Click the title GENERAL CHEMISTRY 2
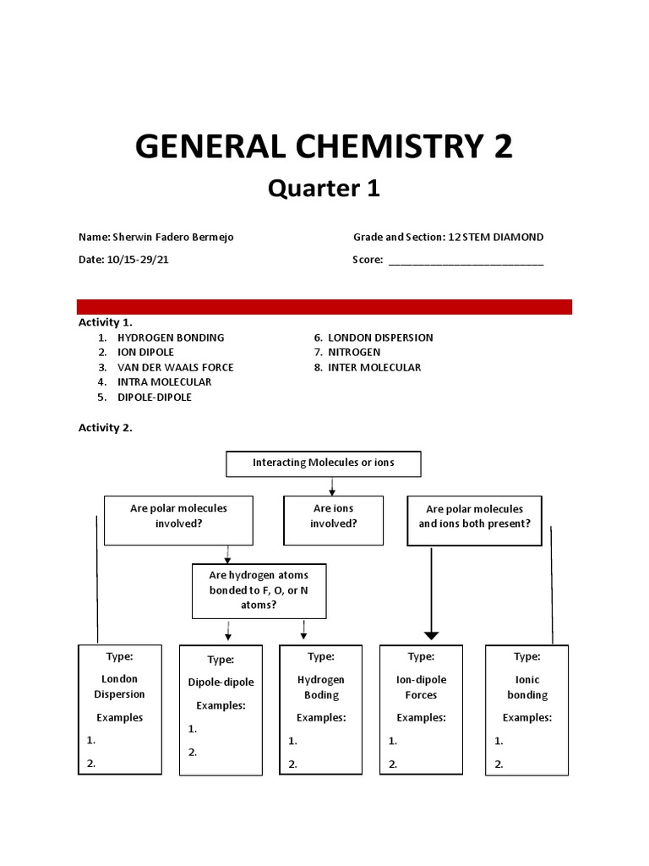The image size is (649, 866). [324, 146]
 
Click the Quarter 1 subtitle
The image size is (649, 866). [324, 189]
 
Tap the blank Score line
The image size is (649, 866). [466, 262]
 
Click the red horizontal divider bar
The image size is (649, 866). [324, 306]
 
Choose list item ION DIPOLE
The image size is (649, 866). [145, 352]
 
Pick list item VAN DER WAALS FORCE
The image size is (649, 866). [175, 367]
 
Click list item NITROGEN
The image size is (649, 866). [354, 352]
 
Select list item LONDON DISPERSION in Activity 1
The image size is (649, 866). [380, 337]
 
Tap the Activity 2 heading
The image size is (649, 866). [106, 428]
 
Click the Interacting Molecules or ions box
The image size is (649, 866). [324, 463]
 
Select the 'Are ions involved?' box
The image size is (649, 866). [333, 516]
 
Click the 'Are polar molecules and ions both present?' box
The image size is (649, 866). [474, 517]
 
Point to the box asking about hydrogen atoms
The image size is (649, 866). [259, 590]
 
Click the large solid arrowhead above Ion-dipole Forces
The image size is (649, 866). [432, 634]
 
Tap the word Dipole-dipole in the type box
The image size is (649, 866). [221, 682]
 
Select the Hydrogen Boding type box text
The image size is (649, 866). [321, 687]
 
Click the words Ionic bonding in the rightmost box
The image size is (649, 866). [527, 687]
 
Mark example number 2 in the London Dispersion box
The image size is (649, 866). [91, 764]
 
